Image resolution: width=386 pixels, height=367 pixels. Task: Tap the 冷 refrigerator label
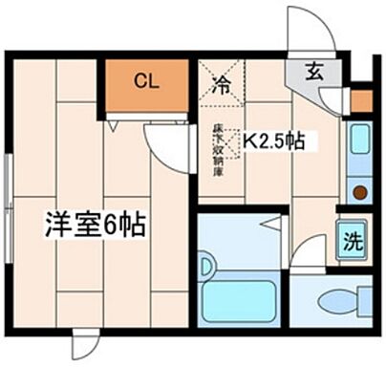click(219, 82)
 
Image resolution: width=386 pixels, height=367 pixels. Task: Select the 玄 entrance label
click(313, 72)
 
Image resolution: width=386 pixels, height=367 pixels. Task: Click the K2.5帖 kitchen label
click(272, 141)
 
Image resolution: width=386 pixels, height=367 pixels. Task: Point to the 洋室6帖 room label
click(94, 226)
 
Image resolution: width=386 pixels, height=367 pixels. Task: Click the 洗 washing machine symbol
click(352, 238)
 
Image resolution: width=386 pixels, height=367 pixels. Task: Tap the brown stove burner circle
click(359, 192)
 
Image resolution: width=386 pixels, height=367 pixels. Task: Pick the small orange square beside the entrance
click(360, 99)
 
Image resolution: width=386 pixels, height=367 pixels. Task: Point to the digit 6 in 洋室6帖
click(112, 226)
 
